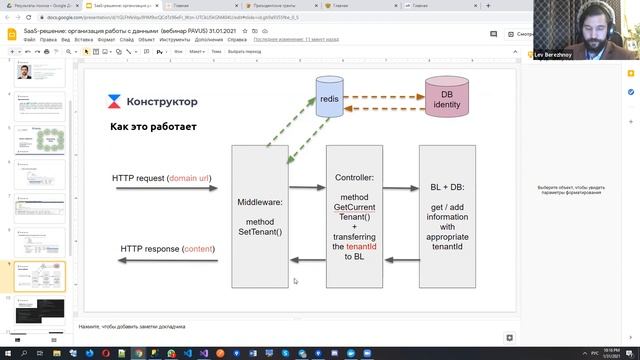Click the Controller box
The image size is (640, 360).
tap(355, 215)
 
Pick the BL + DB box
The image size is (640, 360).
tap(447, 215)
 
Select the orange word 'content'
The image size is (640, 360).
tap(198, 247)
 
